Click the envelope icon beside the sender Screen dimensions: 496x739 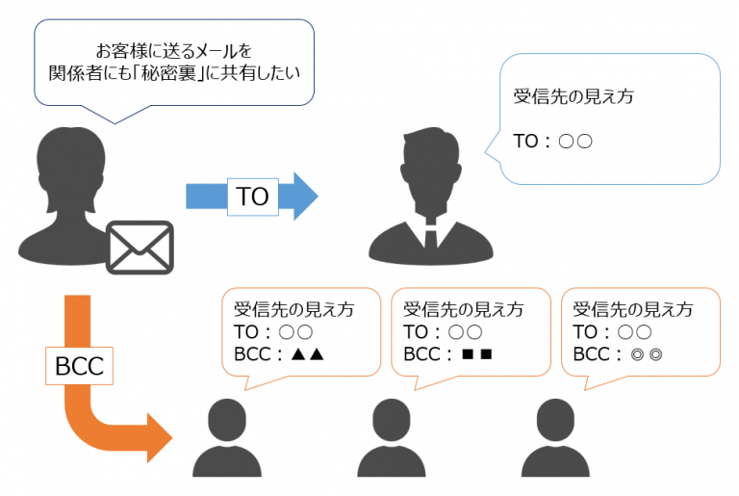140,247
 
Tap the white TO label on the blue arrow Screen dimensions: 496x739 252,196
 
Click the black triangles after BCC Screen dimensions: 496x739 307,354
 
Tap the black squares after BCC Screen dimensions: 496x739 476,354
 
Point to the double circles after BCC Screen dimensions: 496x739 645,354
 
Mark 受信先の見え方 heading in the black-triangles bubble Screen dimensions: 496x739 293,309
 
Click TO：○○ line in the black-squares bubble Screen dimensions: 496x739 443,332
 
